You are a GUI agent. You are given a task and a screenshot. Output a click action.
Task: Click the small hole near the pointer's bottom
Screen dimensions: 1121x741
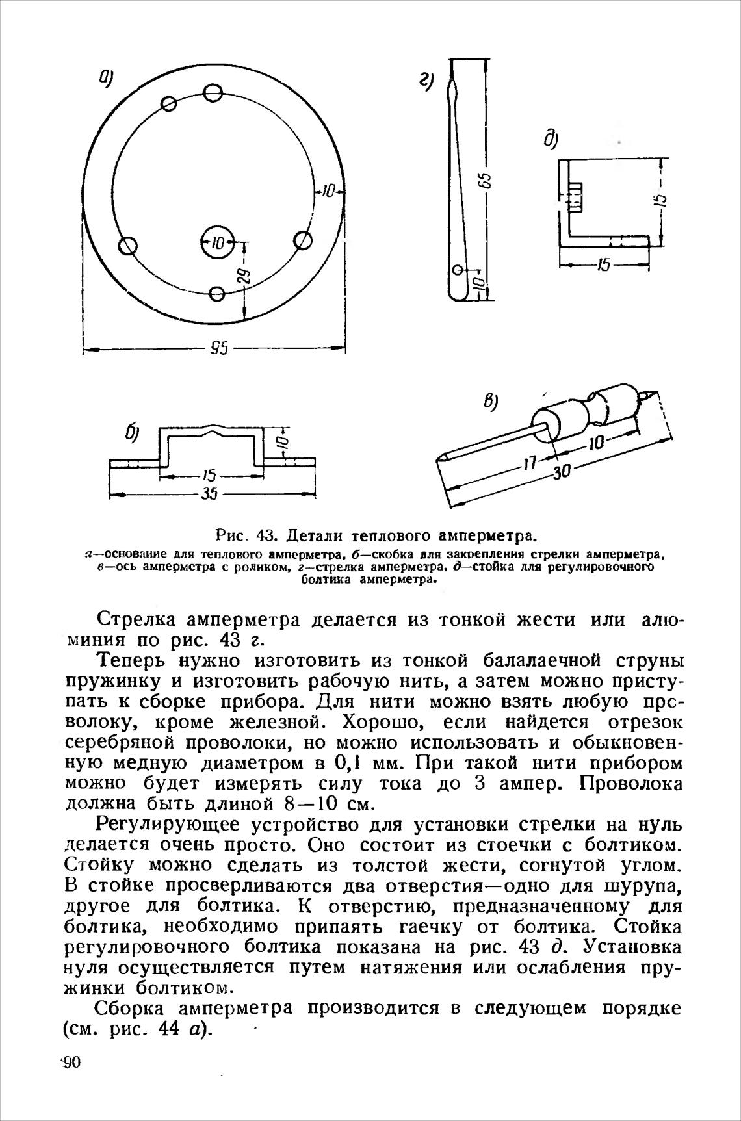[458, 269]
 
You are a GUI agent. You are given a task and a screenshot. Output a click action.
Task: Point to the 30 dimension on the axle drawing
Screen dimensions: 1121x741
[560, 472]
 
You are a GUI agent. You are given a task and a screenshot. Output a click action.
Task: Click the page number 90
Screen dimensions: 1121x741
[70, 1063]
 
